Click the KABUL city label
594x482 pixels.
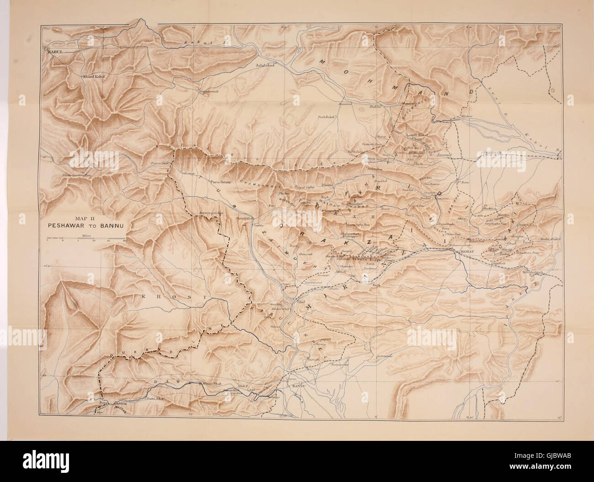(53, 52)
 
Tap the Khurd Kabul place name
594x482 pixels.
(94, 76)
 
